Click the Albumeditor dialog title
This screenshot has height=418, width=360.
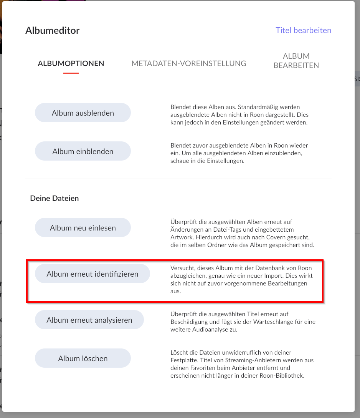(x=53, y=31)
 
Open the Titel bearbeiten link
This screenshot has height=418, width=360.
(x=303, y=30)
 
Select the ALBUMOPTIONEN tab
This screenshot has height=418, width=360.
(x=71, y=63)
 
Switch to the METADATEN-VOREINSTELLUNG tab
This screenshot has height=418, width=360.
(x=189, y=63)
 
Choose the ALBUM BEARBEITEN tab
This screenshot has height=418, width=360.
(x=296, y=61)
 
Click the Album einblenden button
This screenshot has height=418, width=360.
(x=83, y=151)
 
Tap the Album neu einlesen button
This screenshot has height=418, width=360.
(x=83, y=228)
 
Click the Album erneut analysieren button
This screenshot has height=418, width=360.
(x=89, y=320)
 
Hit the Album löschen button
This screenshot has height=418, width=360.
(x=83, y=358)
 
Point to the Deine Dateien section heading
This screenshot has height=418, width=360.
(x=54, y=199)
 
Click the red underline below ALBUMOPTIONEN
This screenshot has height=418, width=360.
(x=71, y=73)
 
